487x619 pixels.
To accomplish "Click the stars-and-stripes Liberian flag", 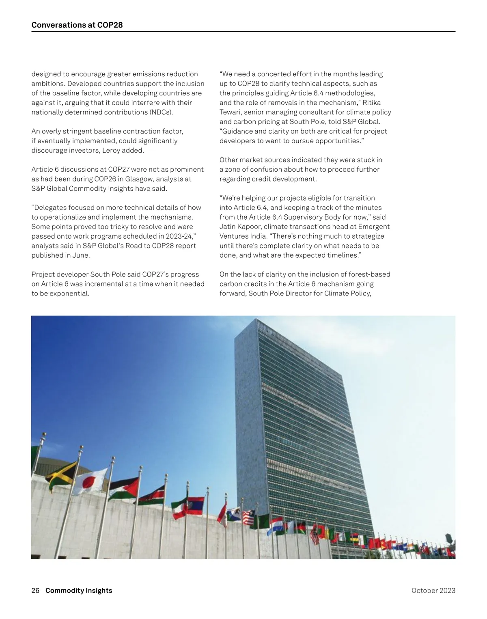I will click(248, 518).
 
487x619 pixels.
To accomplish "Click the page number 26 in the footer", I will click(35, 591).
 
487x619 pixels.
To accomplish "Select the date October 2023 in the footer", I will click(433, 591).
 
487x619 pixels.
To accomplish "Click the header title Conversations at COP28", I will click(77, 25).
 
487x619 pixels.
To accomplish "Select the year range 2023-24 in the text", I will click(181, 236).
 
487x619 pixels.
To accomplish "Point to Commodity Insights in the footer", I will click(79, 591).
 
